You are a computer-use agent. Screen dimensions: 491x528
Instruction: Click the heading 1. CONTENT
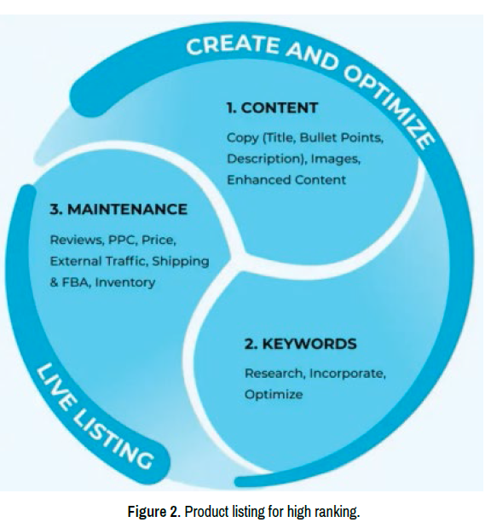[272, 108]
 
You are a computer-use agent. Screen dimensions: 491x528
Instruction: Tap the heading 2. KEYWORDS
[300, 344]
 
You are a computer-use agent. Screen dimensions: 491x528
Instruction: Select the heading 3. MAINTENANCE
[118, 210]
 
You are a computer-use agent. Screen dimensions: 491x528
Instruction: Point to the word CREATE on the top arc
[233, 46]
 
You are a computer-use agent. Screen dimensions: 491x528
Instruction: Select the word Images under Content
[335, 159]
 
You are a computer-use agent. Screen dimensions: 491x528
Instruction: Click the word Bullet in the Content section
[318, 137]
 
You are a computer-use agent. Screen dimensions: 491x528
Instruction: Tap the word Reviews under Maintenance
[77, 240]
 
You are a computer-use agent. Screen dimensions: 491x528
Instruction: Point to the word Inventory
[125, 283]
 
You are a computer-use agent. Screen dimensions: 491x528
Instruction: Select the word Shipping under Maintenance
[181, 262]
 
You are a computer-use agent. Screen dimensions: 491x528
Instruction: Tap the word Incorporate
[347, 374]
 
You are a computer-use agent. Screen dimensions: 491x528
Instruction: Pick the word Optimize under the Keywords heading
[274, 395]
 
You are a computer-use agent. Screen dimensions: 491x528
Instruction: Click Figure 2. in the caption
[154, 512]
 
